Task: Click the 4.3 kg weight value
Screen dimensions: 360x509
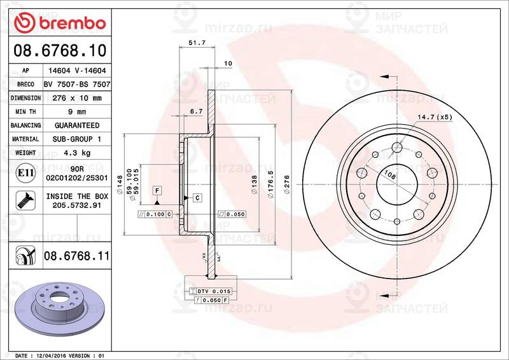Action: [76, 153]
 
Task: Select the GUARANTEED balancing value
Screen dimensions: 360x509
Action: [76, 125]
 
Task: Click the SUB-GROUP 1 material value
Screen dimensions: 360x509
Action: [76, 139]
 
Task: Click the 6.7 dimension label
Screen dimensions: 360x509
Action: [196, 112]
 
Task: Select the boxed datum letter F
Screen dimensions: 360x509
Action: [156, 190]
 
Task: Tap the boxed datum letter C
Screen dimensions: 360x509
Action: [197, 198]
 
